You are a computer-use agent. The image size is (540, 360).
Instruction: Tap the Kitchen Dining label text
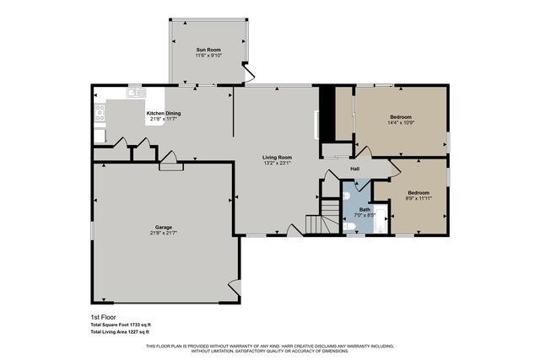tap(164, 113)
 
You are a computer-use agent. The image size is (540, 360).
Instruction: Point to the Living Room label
tap(277, 158)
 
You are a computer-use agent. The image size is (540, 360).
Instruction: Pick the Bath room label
tap(364, 209)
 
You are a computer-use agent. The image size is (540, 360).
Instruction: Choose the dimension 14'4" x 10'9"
tap(401, 123)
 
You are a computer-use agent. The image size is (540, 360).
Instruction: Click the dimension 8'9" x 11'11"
tap(419, 198)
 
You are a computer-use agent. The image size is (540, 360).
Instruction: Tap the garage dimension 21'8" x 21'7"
tap(164, 233)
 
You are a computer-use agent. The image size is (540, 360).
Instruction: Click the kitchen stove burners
tap(100, 113)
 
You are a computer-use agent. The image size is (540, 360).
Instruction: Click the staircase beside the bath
tap(316, 225)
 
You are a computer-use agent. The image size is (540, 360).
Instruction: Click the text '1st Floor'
tap(102, 317)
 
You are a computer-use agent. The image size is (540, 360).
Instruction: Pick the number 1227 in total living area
tap(131, 331)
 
